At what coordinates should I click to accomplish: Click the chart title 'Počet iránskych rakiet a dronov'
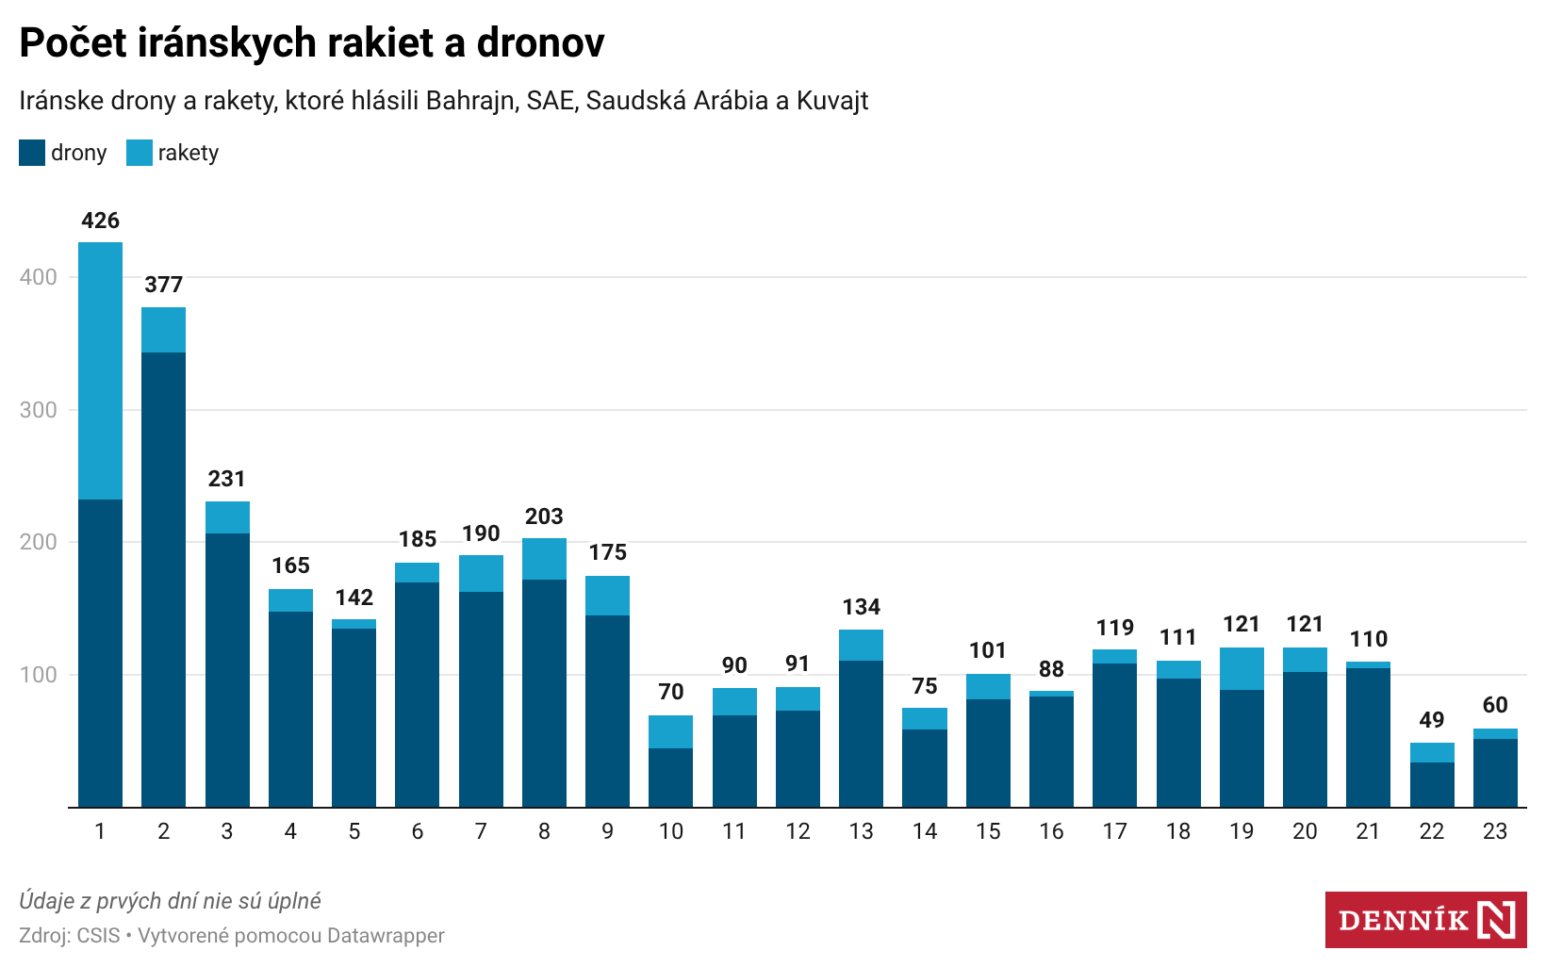(x=312, y=42)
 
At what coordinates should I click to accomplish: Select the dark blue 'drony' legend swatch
(x=32, y=153)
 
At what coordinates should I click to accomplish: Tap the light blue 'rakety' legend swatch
(x=140, y=153)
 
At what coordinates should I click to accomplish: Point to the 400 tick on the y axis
(x=38, y=277)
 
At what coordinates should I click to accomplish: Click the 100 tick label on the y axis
(x=38, y=675)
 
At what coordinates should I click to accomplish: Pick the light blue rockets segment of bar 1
(x=100, y=370)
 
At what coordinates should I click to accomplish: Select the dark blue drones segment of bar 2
(x=163, y=580)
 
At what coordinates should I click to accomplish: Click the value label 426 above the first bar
(x=100, y=221)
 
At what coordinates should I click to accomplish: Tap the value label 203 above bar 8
(x=544, y=516)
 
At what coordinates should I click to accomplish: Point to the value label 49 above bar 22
(x=1431, y=720)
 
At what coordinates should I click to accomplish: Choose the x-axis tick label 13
(x=861, y=831)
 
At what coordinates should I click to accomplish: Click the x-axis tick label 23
(x=1494, y=831)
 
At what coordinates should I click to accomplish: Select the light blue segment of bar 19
(x=1242, y=669)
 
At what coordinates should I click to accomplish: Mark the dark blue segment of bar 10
(x=670, y=778)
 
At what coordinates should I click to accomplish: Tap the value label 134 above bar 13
(x=861, y=607)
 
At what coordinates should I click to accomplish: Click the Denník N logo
(x=1425, y=920)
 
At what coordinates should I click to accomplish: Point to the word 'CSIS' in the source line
(x=98, y=936)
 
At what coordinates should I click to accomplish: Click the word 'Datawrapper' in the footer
(x=386, y=936)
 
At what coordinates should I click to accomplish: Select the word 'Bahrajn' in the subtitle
(x=469, y=101)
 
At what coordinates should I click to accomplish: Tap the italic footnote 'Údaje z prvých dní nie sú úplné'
(x=170, y=901)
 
